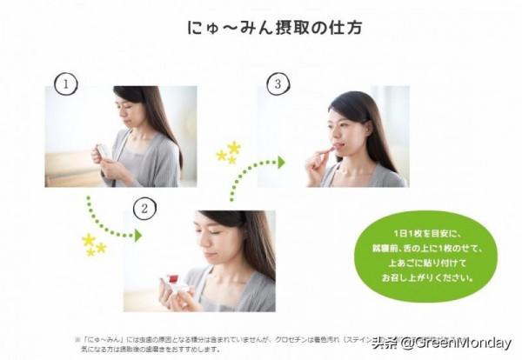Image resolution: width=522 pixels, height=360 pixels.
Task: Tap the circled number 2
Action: tap(144, 208)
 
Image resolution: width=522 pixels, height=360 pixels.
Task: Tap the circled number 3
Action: tap(278, 84)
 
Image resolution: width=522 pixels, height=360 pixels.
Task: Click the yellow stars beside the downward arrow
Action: tap(92, 244)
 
